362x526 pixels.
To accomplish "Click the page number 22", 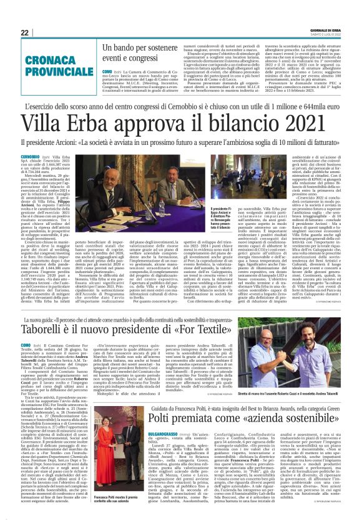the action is (x=24, y=32).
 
